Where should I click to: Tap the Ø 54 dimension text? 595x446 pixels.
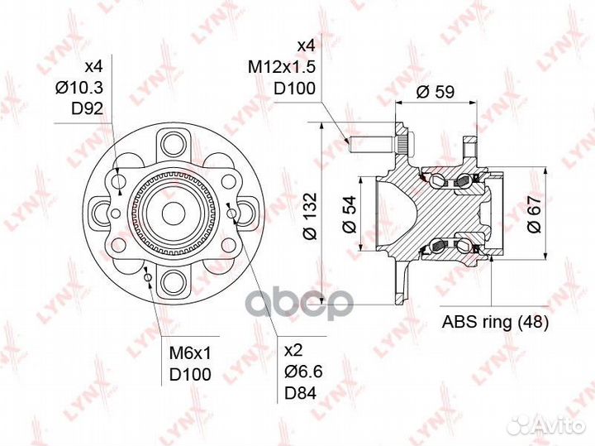tap(349, 213)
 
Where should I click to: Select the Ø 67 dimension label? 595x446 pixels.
tap(534, 214)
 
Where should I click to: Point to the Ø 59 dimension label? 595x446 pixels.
tap(435, 92)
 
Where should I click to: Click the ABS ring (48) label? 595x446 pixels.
tap(495, 322)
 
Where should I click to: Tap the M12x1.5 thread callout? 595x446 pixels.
tap(282, 68)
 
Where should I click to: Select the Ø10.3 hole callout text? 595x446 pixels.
tap(79, 89)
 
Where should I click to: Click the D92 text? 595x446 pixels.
tap(87, 109)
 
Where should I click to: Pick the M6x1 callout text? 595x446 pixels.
tap(189, 353)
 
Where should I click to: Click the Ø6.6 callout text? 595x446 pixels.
tap(303, 372)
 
